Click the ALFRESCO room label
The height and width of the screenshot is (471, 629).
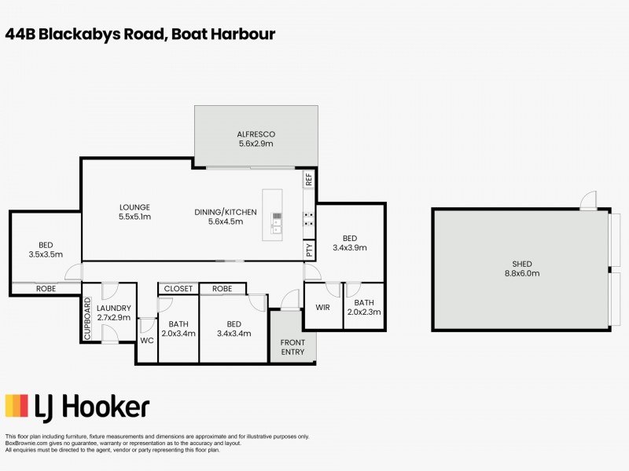tap(256, 134)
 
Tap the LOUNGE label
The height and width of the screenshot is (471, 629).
tap(134, 207)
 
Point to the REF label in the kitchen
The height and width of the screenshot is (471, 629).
tap(309, 179)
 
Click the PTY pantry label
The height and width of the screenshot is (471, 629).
tap(309, 250)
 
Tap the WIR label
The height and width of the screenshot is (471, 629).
tap(322, 307)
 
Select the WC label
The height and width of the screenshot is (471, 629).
tap(146, 341)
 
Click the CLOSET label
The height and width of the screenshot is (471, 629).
tap(178, 289)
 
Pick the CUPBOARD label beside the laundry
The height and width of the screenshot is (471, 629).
tap(88, 319)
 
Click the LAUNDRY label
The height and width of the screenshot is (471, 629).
tap(115, 309)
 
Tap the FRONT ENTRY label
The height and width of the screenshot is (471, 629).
tap(292, 347)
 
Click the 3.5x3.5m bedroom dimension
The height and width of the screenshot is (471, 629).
tap(45, 254)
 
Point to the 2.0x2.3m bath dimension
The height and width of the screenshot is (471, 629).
tap(364, 312)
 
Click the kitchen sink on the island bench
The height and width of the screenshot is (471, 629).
tap(277, 224)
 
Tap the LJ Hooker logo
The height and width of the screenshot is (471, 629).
tap(77, 406)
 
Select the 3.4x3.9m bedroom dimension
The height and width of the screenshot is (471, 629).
tap(350, 248)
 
